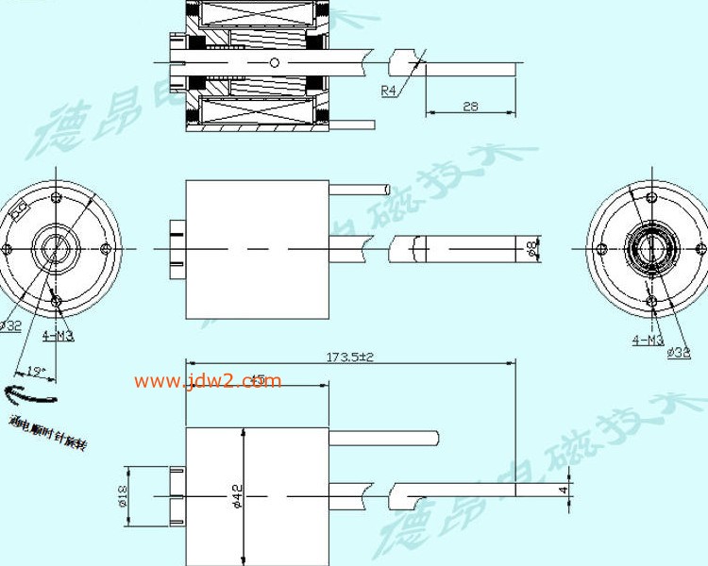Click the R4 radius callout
pyautogui.click(x=388, y=91)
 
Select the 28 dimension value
pyautogui.click(x=470, y=107)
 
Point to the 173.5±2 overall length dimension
pyautogui.click(x=350, y=357)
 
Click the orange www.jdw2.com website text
pyautogui.click(x=208, y=381)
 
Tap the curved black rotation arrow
pyautogui.click(x=29, y=393)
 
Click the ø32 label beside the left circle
pyautogui.click(x=10, y=325)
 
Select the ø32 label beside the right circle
pyautogui.click(x=678, y=352)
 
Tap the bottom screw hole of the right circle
pyautogui.click(x=650, y=301)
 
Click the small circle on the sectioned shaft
pyautogui.click(x=274, y=62)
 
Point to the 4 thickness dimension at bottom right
pyautogui.click(x=564, y=490)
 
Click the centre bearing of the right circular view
pyautogui.click(x=649, y=249)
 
